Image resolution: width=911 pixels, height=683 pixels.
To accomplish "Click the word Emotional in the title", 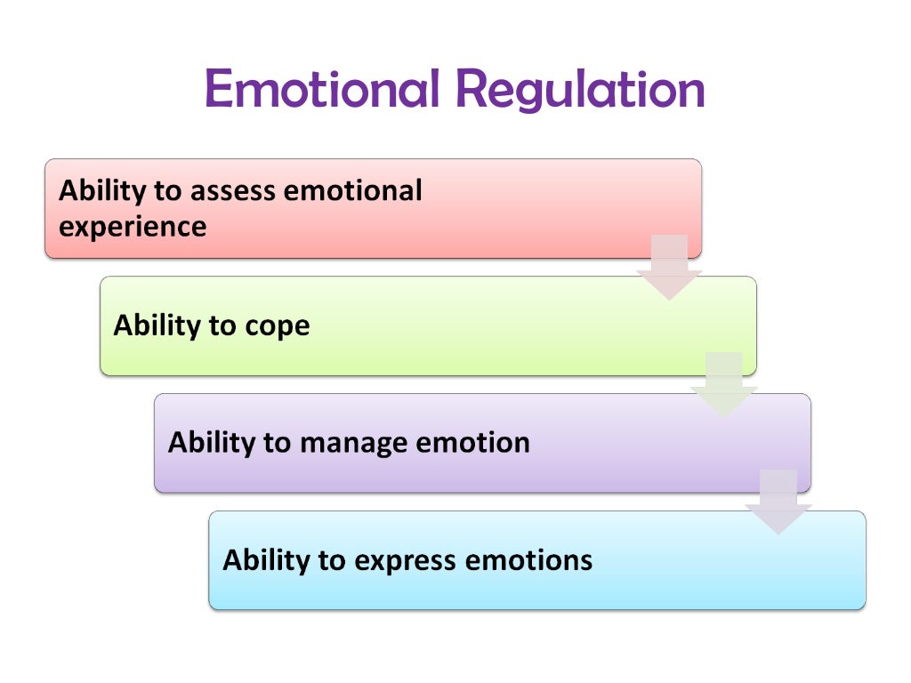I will pos(321,89).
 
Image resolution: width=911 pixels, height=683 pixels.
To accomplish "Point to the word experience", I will pos(133,228).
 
